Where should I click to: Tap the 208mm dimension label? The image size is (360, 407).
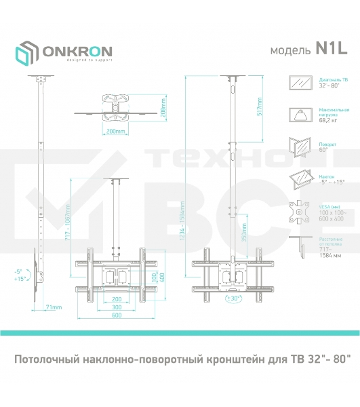coord(163,106)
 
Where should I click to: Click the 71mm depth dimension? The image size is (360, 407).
coord(54,308)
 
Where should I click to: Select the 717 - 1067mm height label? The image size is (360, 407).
coord(66,215)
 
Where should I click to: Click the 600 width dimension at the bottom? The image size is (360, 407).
coord(118,315)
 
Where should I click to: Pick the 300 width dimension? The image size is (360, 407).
coord(118,307)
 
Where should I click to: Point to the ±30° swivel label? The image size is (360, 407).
coord(234,298)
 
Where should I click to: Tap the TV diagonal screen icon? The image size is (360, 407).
coord(298,83)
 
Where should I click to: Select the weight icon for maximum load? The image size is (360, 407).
coord(298,114)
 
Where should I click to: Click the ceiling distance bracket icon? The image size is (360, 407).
coord(298,245)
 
